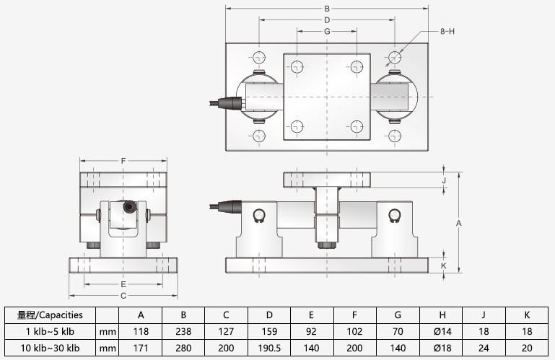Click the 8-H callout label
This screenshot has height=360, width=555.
tap(447, 32)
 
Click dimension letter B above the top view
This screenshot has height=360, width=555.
tap(327, 9)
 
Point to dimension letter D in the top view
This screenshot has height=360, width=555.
tap(327, 20)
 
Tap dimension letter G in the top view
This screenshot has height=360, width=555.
tap(327, 32)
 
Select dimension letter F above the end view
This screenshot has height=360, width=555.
tap(123, 160)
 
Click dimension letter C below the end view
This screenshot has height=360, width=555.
tap(123, 295)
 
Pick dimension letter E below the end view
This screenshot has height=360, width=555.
tap(123, 284)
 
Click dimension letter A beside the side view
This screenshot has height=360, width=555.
tap(459, 224)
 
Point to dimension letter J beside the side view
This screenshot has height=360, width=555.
tap(445, 180)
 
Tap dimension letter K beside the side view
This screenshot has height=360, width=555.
tap(445, 265)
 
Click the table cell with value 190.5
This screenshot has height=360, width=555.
tap(269, 348)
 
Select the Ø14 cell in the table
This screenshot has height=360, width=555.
tap(441, 332)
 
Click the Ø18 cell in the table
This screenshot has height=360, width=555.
tap(441, 348)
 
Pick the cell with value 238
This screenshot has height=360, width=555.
tap(183, 332)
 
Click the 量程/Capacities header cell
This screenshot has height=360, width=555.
tap(50, 315)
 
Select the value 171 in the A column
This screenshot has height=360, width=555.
tap(141, 348)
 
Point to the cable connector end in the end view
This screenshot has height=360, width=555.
tap(130, 208)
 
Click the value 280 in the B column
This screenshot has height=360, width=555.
tap(183, 348)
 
